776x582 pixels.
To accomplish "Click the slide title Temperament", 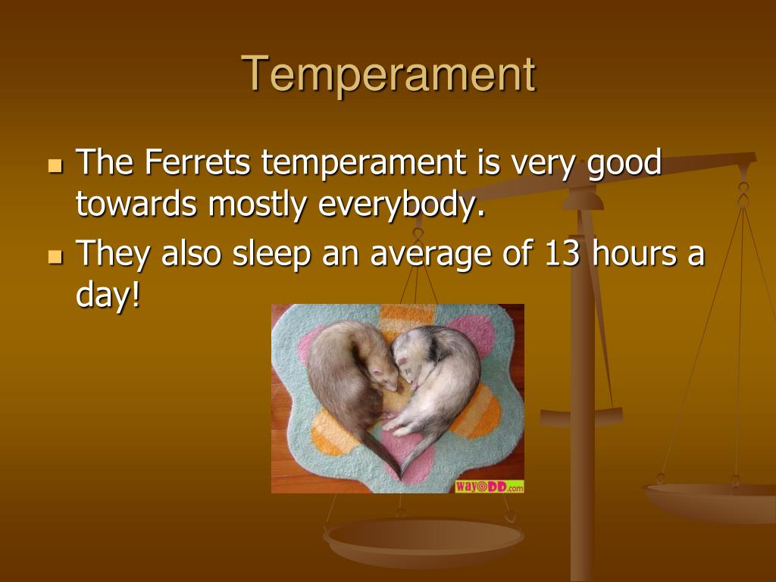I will coord(389,74).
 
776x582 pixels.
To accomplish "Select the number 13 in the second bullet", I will coord(563,255).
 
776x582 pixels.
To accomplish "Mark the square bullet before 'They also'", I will coord(54,258).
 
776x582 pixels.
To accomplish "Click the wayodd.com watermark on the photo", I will coord(489,487).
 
